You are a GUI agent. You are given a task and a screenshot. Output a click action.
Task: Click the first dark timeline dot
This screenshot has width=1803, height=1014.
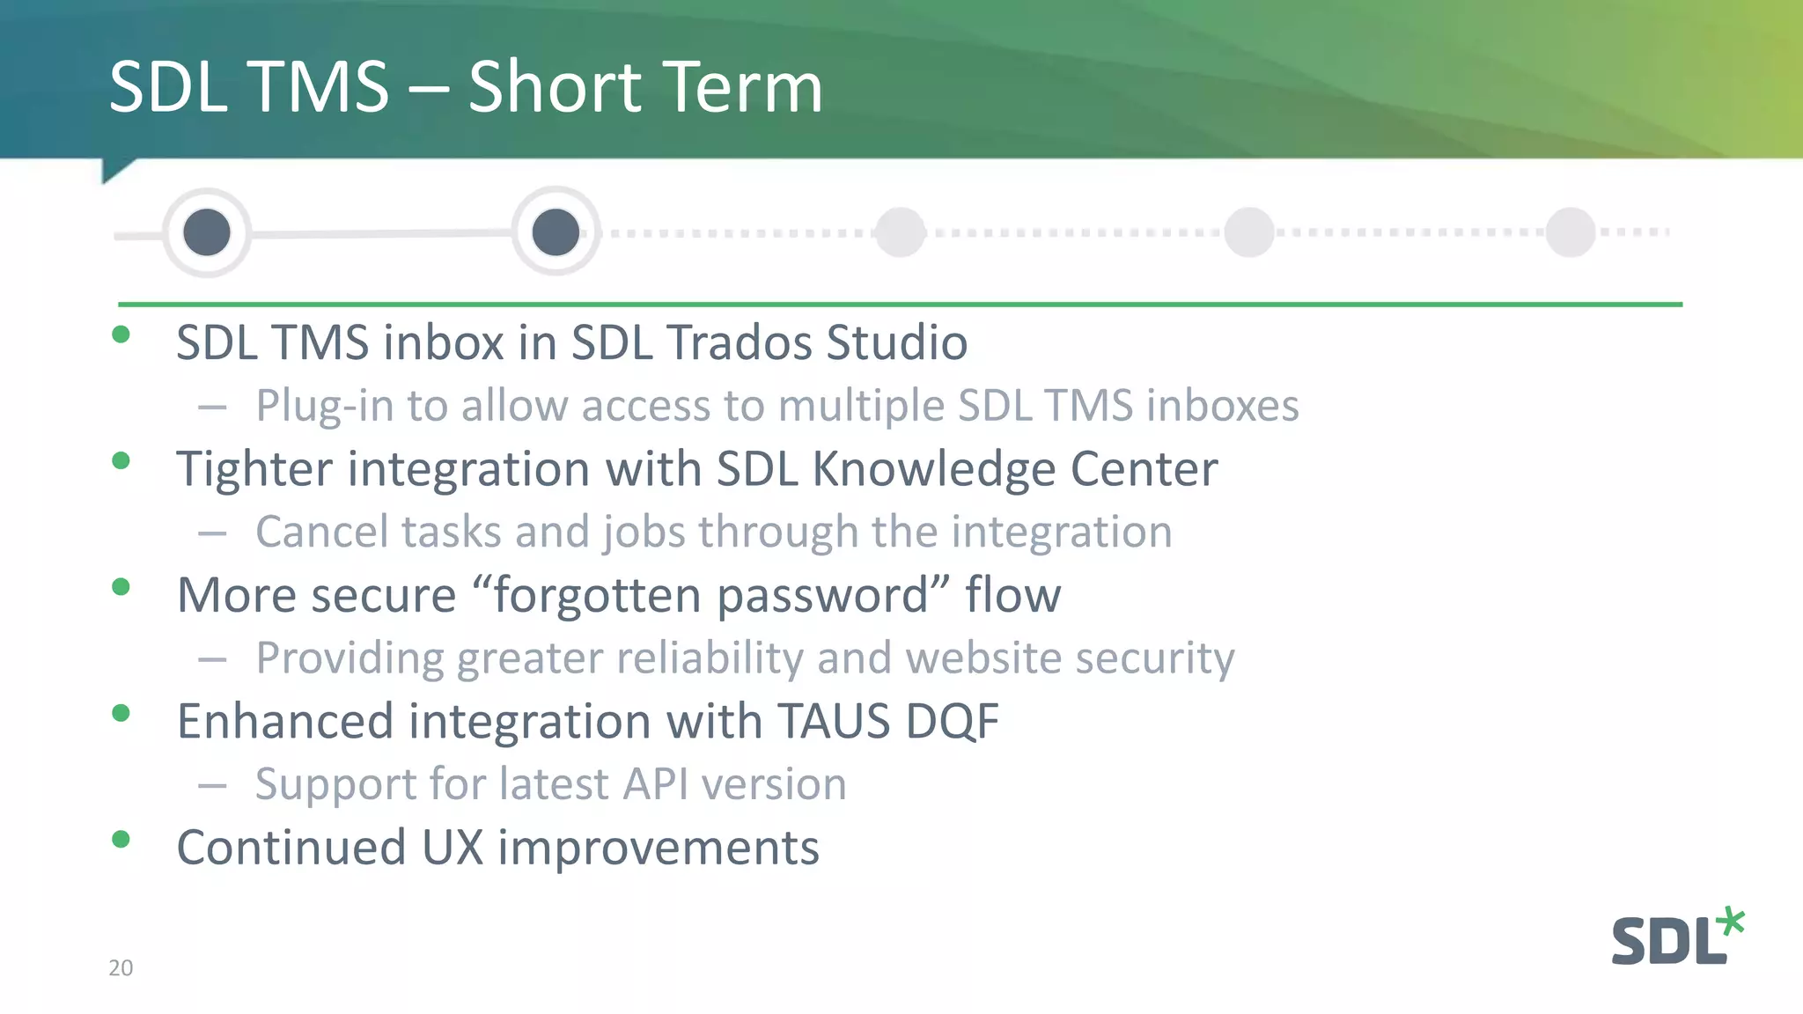pos(207,232)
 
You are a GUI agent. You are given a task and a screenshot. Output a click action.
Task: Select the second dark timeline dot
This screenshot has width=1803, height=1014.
pos(556,232)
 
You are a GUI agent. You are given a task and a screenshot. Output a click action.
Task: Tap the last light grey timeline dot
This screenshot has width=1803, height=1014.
pos(1571,232)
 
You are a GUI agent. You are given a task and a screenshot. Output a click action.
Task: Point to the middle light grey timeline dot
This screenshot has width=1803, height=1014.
pos(1249,232)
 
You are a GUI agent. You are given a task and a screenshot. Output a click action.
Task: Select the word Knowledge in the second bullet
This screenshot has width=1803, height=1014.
pos(933,469)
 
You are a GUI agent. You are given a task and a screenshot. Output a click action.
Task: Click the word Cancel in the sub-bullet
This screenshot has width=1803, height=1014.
pos(321,533)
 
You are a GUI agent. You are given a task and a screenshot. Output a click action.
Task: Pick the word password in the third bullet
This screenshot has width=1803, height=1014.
pos(823,596)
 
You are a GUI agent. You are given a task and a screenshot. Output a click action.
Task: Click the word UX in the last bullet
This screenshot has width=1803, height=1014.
pos(453,848)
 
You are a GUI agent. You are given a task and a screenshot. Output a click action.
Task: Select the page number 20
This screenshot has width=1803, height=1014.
pos(121,968)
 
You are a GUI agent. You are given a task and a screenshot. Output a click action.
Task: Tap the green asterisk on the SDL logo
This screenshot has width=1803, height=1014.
pos(1731,922)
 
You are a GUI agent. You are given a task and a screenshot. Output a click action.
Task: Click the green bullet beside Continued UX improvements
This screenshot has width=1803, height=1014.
pos(121,839)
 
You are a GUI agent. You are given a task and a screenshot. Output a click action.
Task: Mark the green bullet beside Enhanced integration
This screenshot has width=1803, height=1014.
pos(121,713)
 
